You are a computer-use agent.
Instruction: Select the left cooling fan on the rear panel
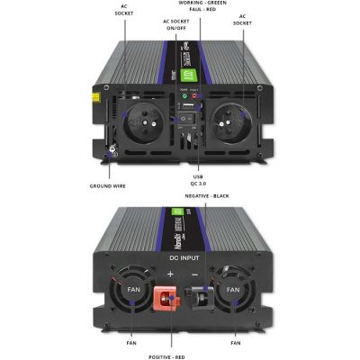(x=131, y=290)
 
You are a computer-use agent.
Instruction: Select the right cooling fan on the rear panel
(x=232, y=290)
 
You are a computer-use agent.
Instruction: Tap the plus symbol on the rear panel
(x=170, y=273)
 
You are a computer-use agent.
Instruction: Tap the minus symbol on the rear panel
(x=195, y=273)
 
